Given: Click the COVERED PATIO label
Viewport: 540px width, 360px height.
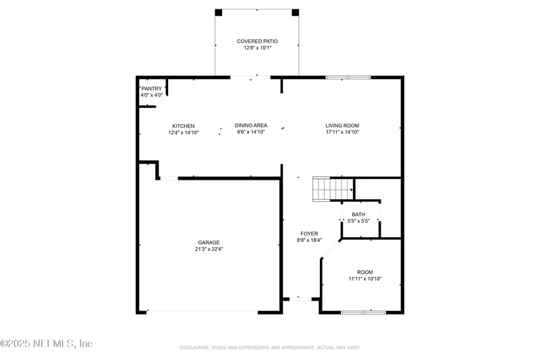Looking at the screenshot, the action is click(257, 41).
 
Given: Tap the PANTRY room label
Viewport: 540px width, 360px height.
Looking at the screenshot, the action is click(151, 89).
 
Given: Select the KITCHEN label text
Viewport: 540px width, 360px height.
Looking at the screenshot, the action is click(183, 126).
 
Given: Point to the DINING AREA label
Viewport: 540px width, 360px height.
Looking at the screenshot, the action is click(250, 126).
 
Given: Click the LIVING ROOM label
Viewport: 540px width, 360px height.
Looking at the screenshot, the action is click(342, 126).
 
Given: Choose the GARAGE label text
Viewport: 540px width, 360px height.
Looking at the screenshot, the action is click(209, 242).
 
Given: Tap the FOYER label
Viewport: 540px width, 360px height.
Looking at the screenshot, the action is click(309, 234).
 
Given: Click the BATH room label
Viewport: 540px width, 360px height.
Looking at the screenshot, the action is click(358, 215).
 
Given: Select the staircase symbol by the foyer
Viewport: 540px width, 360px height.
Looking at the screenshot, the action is click(333, 189).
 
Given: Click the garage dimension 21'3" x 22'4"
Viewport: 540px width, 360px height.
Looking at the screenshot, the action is click(209, 249).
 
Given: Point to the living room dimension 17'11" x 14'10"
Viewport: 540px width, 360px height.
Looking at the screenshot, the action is click(342, 132).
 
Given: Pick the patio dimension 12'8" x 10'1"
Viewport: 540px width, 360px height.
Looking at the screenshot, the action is click(258, 48).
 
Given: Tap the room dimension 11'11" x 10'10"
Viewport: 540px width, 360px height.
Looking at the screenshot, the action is click(365, 279).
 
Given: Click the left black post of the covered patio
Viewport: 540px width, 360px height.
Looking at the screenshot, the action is click(219, 13).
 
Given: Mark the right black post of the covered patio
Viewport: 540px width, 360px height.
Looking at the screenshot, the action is click(295, 13).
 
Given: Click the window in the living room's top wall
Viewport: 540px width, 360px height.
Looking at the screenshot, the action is click(348, 78).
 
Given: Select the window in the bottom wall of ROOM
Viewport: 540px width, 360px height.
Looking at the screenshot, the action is click(363, 313).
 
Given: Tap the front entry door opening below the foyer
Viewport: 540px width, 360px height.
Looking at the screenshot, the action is click(300, 299).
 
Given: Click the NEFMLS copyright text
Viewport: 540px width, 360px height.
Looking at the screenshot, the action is click(47, 344).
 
